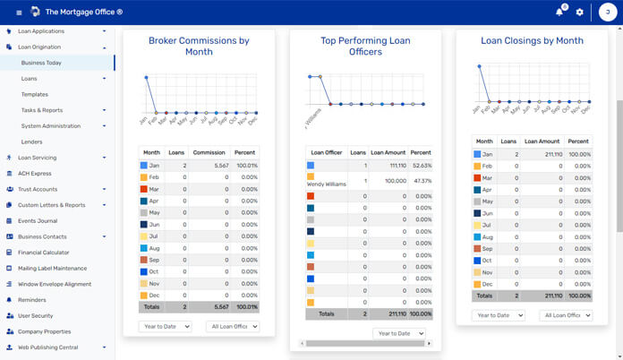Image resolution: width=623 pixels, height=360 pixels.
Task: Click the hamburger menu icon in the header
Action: point(19,13)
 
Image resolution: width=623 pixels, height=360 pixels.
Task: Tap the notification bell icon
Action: point(559,13)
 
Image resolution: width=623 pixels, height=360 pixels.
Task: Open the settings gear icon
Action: point(580,13)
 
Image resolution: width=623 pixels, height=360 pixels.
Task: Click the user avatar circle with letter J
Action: point(605,13)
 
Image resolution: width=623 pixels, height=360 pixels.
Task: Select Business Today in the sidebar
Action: point(42,63)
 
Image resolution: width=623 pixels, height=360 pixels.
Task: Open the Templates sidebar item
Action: point(35,94)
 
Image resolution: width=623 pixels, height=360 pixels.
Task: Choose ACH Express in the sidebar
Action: point(35,173)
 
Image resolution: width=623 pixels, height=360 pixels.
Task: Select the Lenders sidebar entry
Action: point(32,141)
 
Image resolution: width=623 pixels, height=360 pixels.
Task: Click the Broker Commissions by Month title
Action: point(199,47)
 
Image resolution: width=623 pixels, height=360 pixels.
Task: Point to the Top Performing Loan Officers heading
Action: point(364,47)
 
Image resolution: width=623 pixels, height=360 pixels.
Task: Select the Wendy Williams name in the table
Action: point(327,184)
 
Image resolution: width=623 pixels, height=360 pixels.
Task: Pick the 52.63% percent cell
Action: point(420,166)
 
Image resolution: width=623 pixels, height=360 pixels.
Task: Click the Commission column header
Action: point(209,152)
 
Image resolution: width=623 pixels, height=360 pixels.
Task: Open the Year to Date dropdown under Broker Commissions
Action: point(165,327)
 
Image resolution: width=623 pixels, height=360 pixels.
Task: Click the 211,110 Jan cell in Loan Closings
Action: point(543,154)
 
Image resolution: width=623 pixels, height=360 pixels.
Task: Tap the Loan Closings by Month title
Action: point(532,40)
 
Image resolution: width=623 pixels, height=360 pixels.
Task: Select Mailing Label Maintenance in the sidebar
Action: point(52,268)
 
